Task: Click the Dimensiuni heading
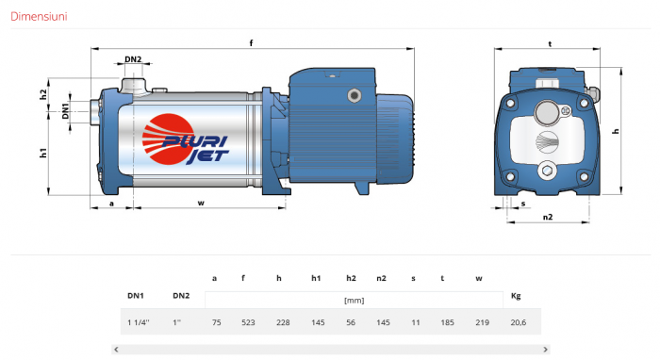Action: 39,16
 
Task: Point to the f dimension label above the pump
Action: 252,43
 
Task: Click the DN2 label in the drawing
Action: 133,59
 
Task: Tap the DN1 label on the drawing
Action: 65,111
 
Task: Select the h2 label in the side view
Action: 43,94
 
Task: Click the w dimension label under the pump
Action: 201,203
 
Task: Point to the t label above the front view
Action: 550,43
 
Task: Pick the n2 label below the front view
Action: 547,217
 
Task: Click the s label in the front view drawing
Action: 523,204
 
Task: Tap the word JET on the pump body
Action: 207,156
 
